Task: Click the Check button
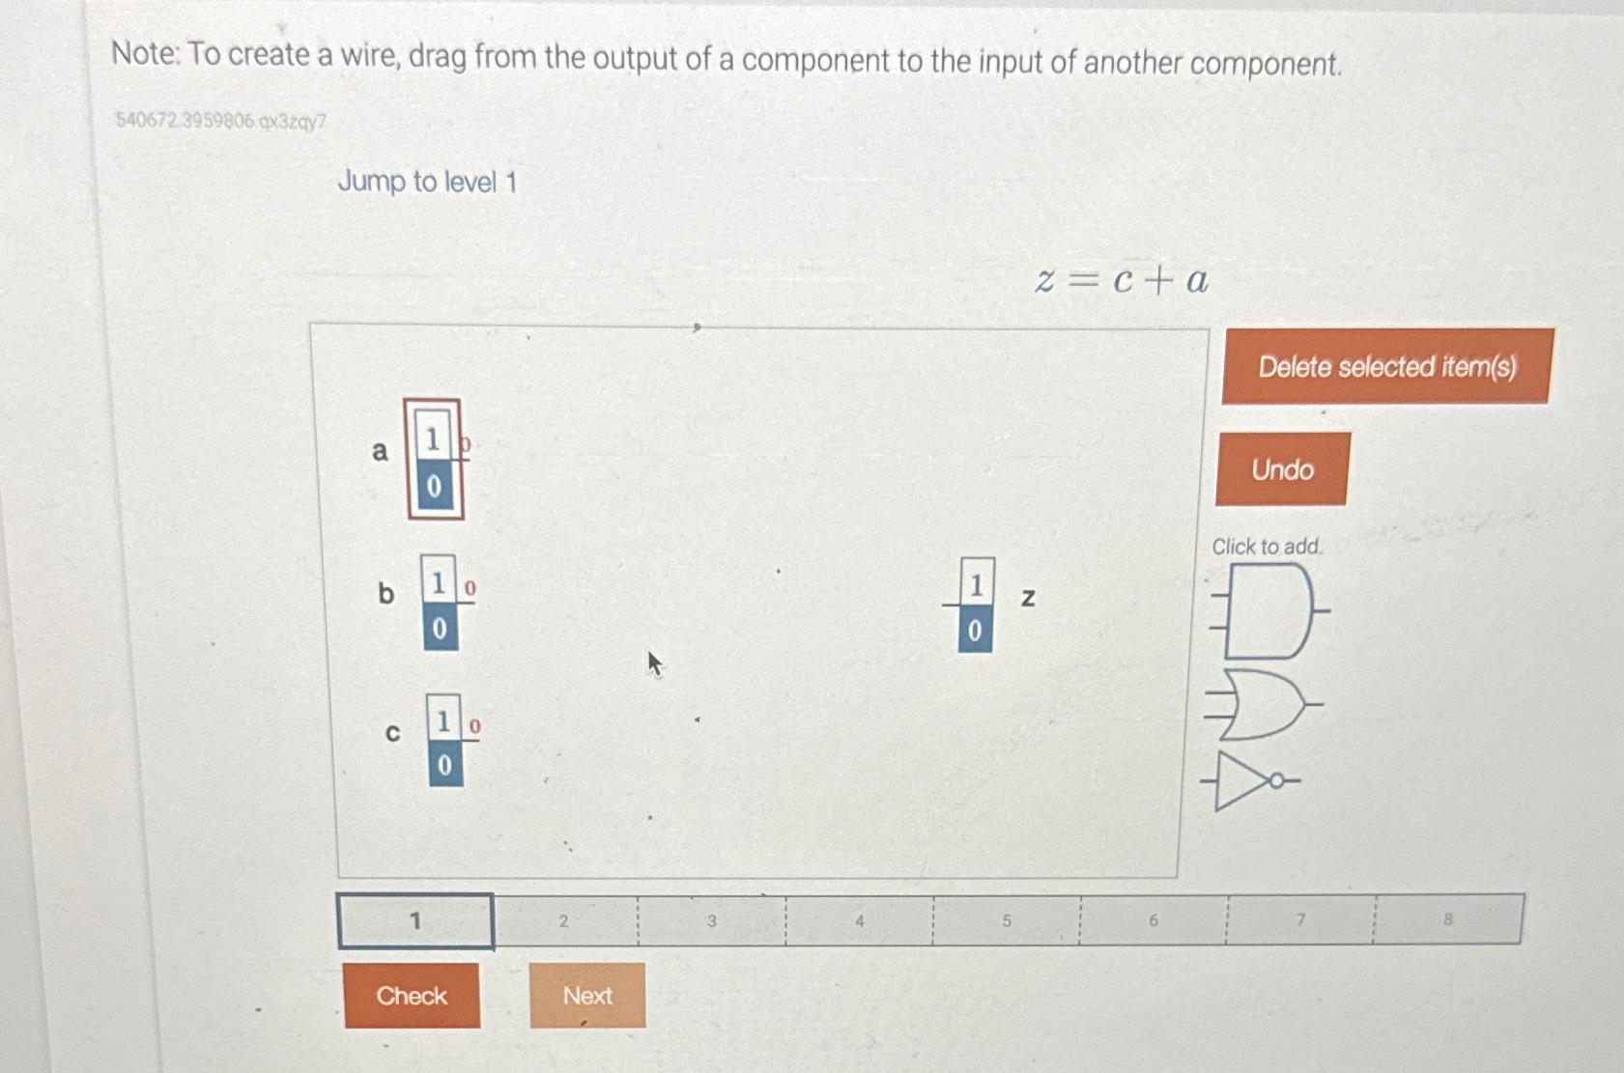pyautogui.click(x=412, y=996)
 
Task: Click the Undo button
pyautogui.click(x=1282, y=469)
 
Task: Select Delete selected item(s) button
pyautogui.click(x=1386, y=367)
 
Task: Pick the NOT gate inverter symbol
pyautogui.click(x=1251, y=780)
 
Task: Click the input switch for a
pyautogui.click(x=434, y=461)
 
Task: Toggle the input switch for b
pyautogui.click(x=440, y=604)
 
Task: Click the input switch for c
pyautogui.click(x=444, y=741)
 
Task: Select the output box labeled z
pyautogui.click(x=975, y=606)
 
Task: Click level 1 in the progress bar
pyautogui.click(x=415, y=921)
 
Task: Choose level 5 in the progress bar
pyautogui.click(x=1006, y=921)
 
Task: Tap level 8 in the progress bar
pyautogui.click(x=1447, y=919)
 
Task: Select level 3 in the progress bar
pyautogui.click(x=711, y=921)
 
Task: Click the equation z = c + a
pyautogui.click(x=1121, y=281)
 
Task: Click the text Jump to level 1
pyautogui.click(x=427, y=182)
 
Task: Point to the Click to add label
pyautogui.click(x=1267, y=547)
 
